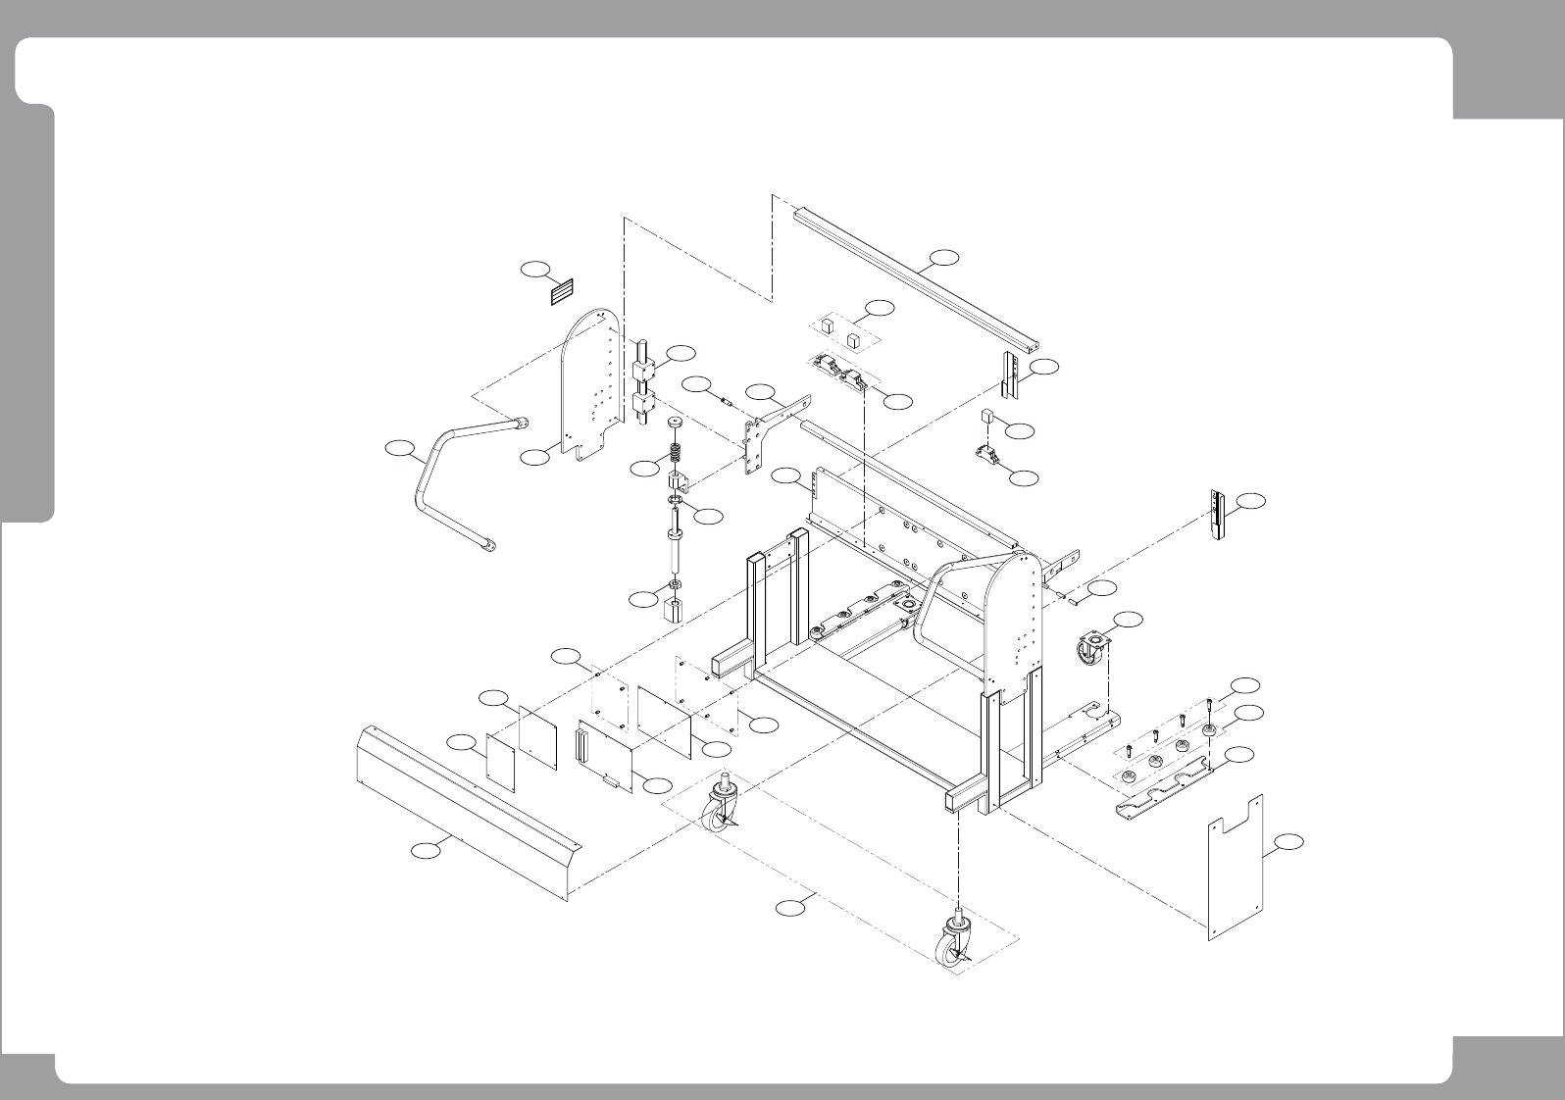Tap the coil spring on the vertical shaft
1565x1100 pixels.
(676, 457)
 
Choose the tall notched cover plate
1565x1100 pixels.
(1235, 868)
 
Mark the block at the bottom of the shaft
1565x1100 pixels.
(675, 612)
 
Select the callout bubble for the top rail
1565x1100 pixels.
(943, 257)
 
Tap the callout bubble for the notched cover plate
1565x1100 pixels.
(1289, 842)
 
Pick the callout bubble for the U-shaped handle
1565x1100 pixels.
(397, 449)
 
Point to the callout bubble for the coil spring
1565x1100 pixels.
(643, 469)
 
